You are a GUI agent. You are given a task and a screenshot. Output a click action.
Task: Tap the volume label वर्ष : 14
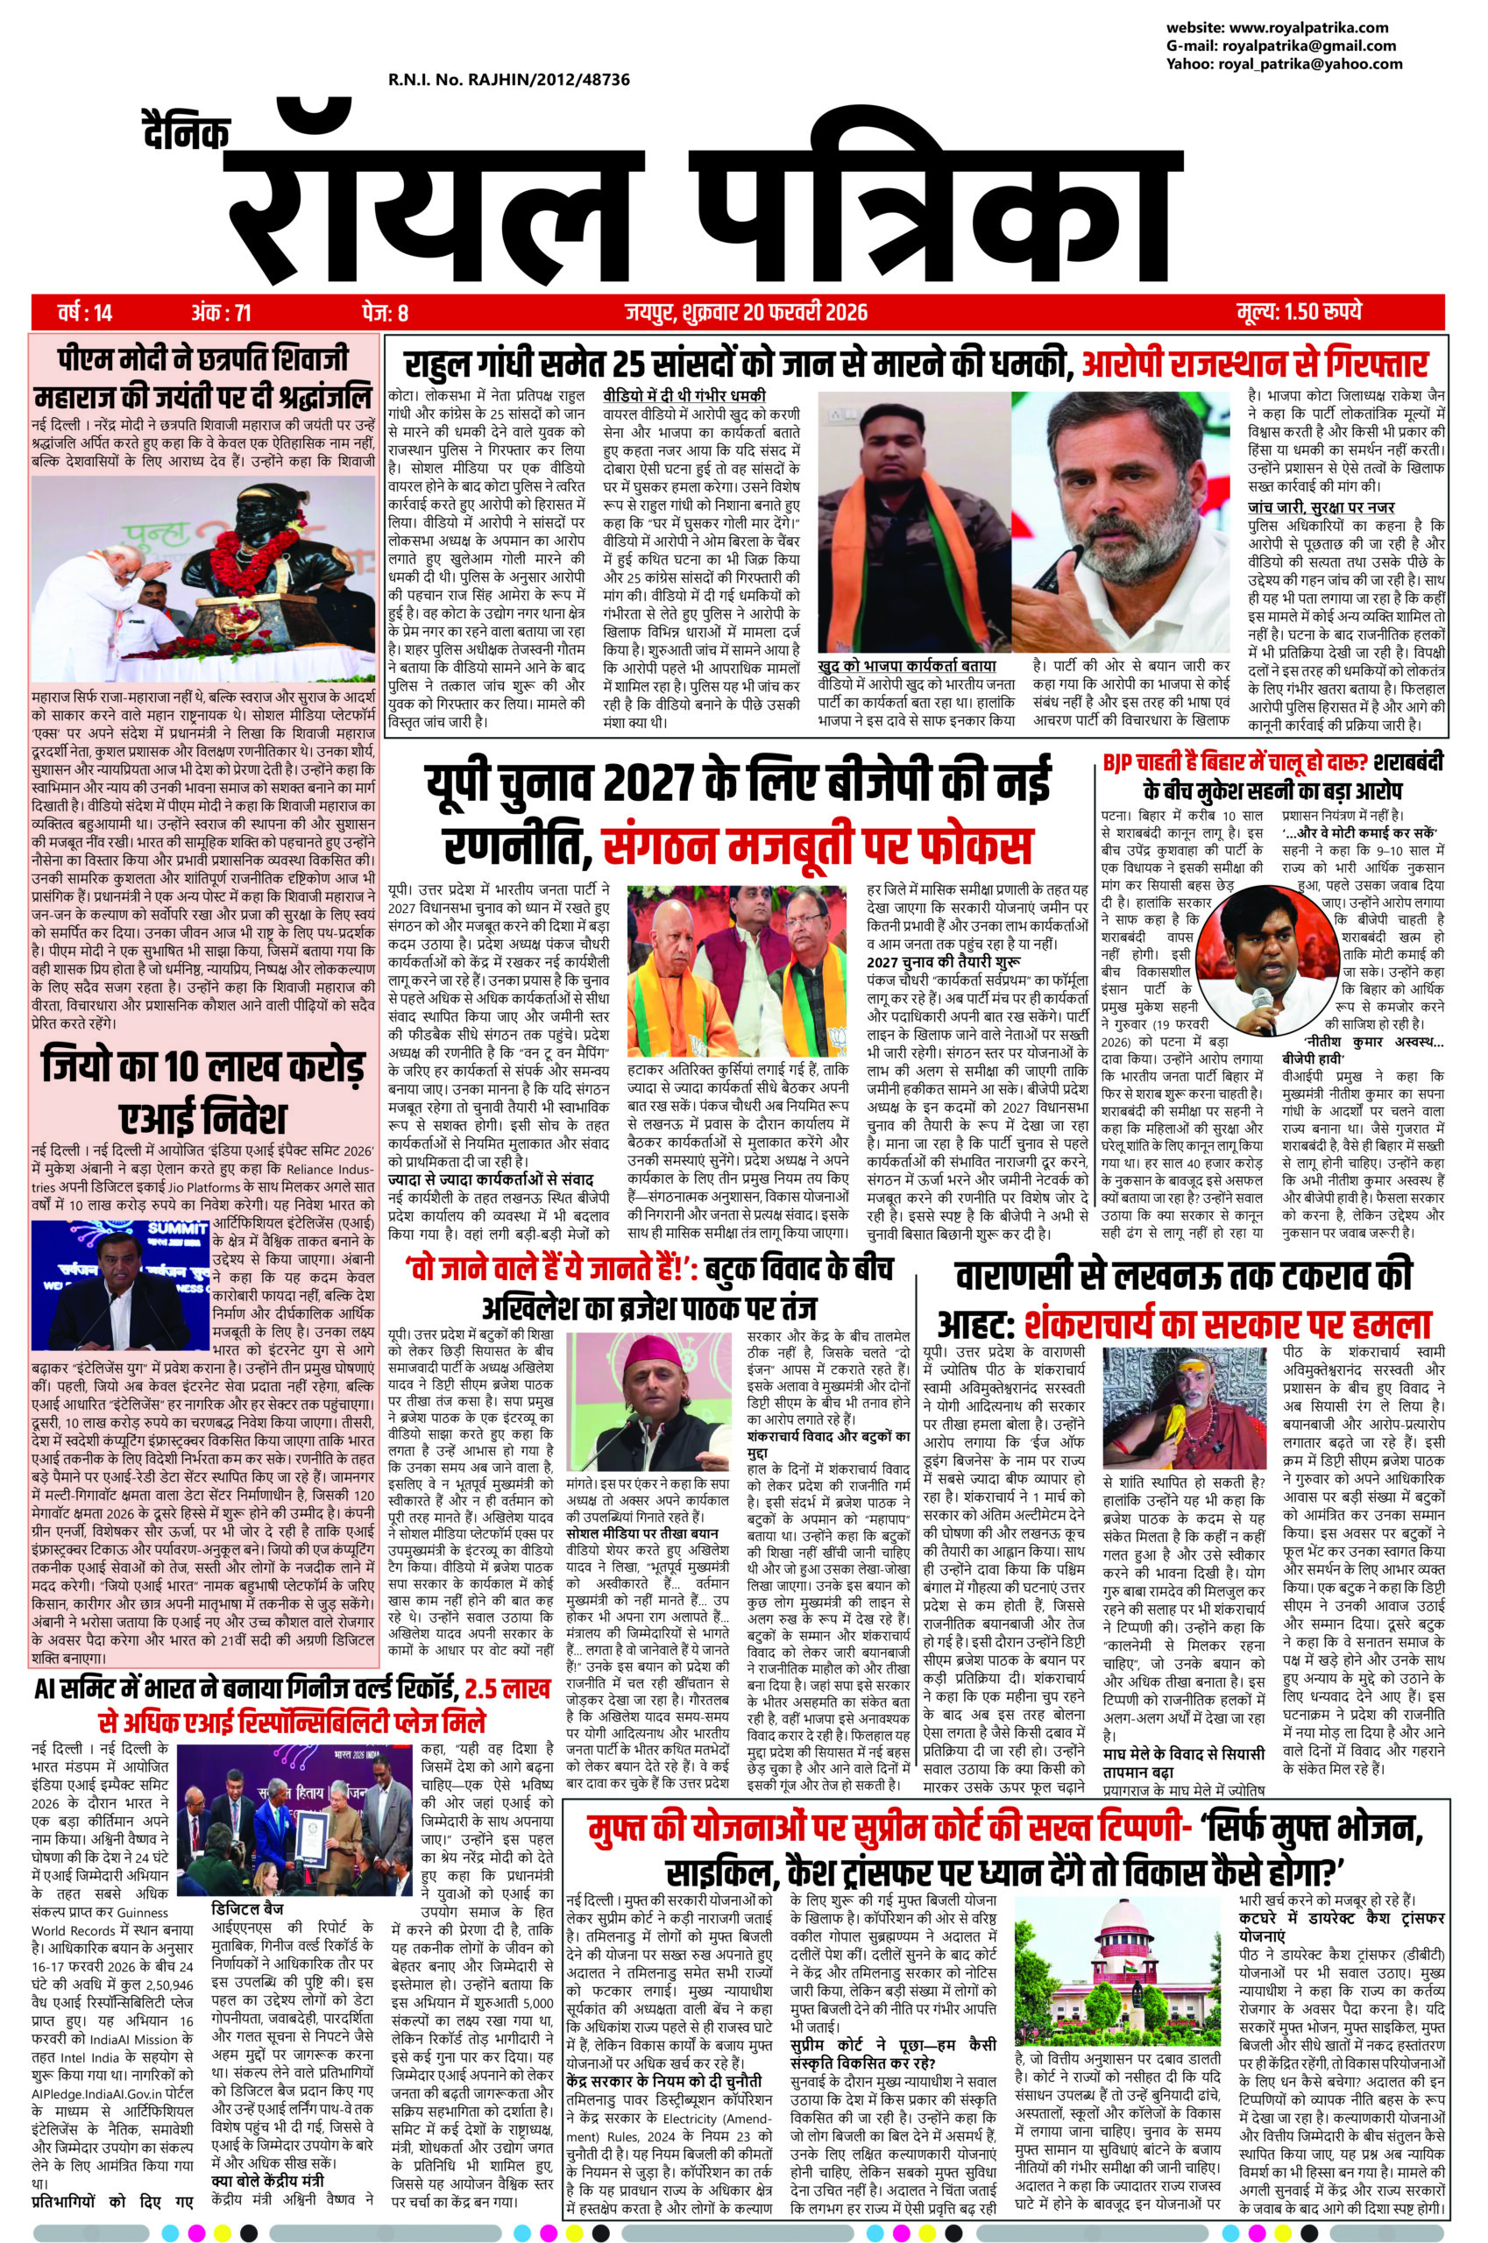point(84,311)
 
